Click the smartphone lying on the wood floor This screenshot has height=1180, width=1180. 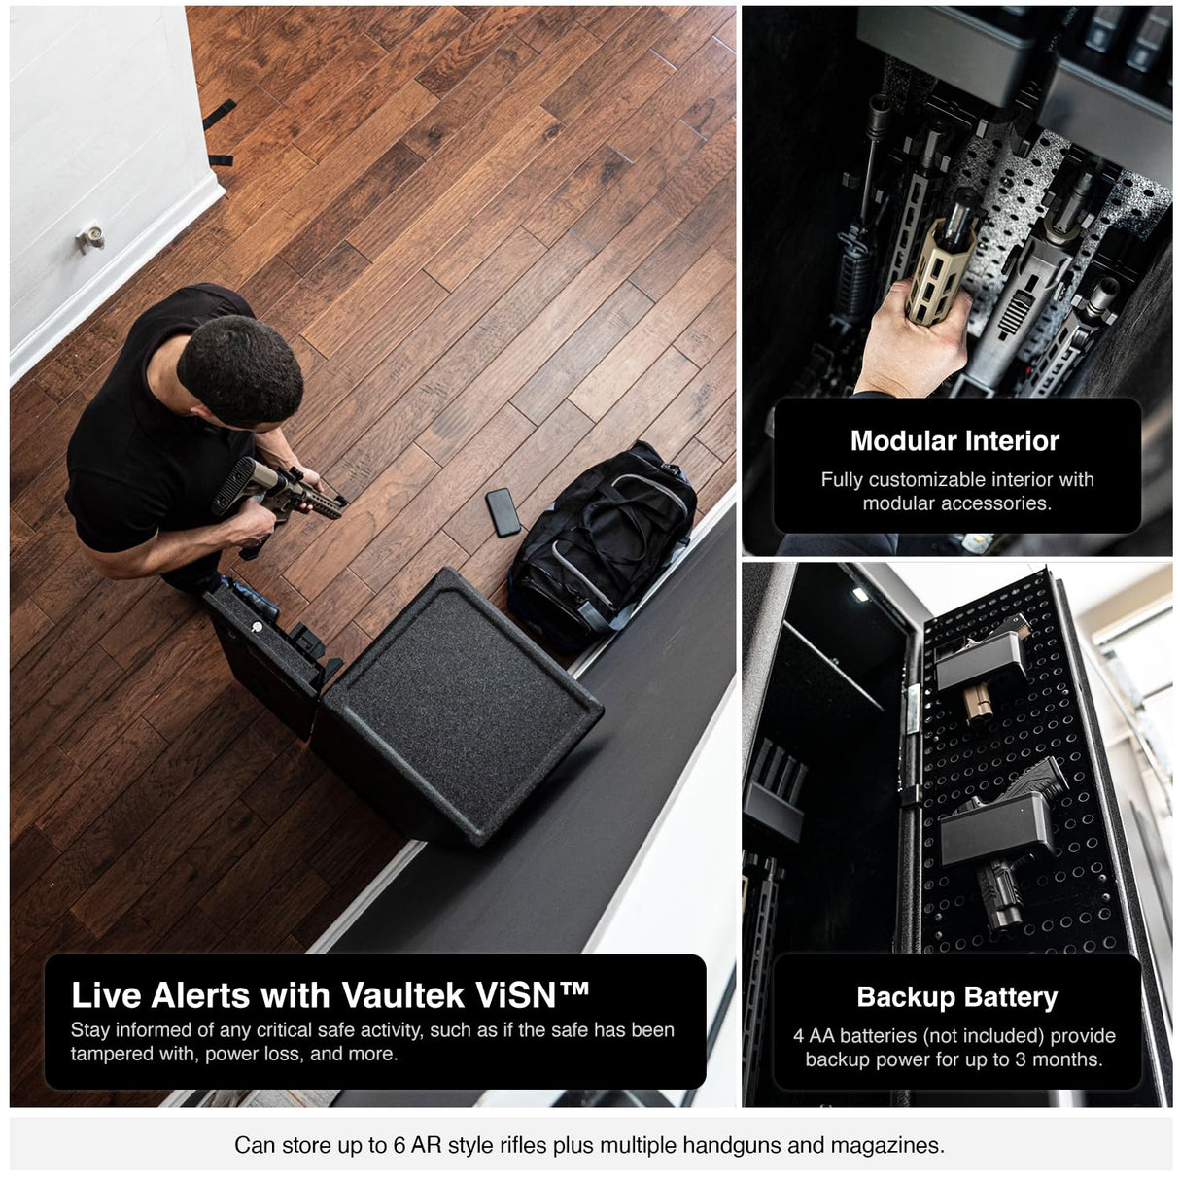[x=503, y=511]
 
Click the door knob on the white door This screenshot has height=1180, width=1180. [x=90, y=236]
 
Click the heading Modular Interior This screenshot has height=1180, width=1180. [x=954, y=441]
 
